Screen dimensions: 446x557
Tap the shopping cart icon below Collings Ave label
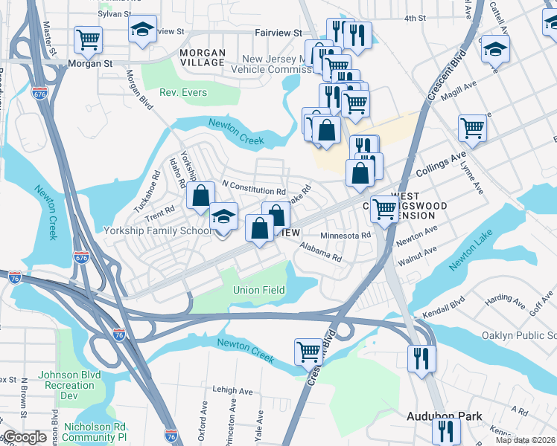tap(384, 210)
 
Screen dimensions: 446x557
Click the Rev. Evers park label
tap(183, 93)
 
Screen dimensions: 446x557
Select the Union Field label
tap(259, 289)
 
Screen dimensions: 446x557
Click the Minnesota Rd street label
tap(345, 236)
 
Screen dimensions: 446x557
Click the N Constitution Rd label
tap(254, 191)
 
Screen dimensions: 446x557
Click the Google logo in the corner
tap(25, 437)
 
